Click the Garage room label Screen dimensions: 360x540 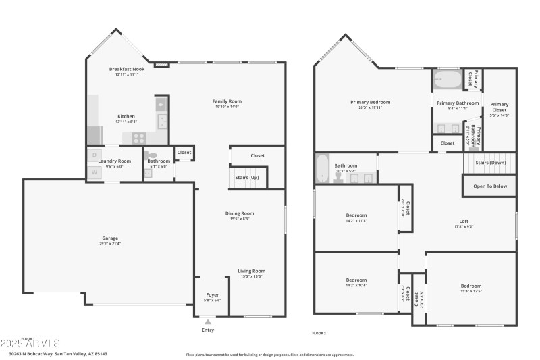[x=110, y=238]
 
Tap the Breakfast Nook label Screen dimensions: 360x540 [x=127, y=69]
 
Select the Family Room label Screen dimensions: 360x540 [x=227, y=101]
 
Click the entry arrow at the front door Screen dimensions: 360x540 [x=208, y=322]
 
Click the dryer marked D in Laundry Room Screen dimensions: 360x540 [x=94, y=155]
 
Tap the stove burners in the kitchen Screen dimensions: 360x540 [x=138, y=137]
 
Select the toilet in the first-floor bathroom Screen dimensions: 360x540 [x=152, y=155]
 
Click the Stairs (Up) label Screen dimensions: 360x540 [x=246, y=177]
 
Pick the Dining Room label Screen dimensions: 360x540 [x=240, y=213]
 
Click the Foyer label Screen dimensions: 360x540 [x=212, y=295]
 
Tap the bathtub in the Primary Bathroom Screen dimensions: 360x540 [x=447, y=81]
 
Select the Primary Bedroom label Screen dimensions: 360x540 [x=370, y=103]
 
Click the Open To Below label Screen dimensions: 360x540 [x=489, y=186]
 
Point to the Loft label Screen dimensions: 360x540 [x=464, y=221]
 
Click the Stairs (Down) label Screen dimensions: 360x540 [x=491, y=163]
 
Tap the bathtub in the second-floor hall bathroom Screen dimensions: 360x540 [x=321, y=169]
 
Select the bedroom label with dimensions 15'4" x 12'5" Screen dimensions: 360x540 [x=471, y=286]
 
